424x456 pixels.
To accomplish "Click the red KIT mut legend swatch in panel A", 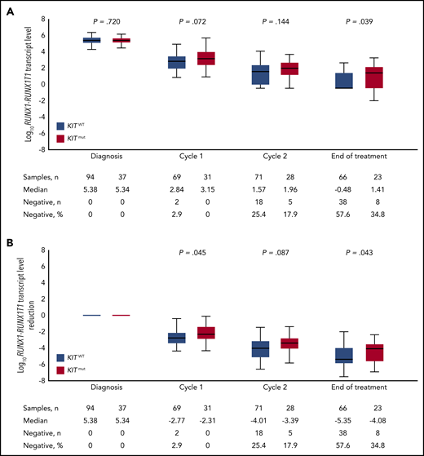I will click(x=61, y=139).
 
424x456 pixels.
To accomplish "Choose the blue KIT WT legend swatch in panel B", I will click(x=61, y=357).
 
